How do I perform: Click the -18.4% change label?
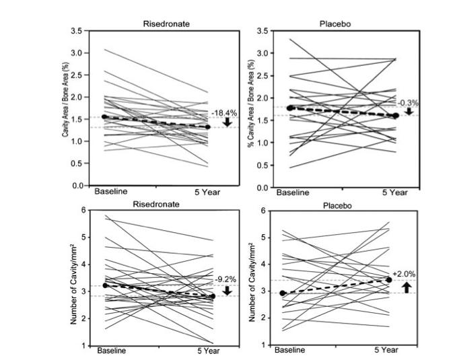224,113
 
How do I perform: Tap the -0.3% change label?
408,103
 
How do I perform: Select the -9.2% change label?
225,279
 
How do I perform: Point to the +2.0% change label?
404,274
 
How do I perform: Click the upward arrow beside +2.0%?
407,287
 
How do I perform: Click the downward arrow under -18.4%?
228,122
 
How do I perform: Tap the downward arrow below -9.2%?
228,291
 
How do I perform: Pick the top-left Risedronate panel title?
166,24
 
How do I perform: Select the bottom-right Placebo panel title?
337,206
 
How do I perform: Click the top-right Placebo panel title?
335,24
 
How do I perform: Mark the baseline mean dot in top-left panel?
104,116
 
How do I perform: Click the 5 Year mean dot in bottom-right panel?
390,280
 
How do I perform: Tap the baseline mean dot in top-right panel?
290,108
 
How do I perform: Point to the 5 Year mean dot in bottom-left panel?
213,296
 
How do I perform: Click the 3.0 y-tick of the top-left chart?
77,53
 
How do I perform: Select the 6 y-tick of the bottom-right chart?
263,211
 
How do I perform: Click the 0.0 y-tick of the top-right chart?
262,188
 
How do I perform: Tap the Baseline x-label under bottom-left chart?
112,351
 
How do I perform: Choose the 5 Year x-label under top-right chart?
395,192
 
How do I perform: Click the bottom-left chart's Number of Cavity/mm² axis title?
73,285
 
